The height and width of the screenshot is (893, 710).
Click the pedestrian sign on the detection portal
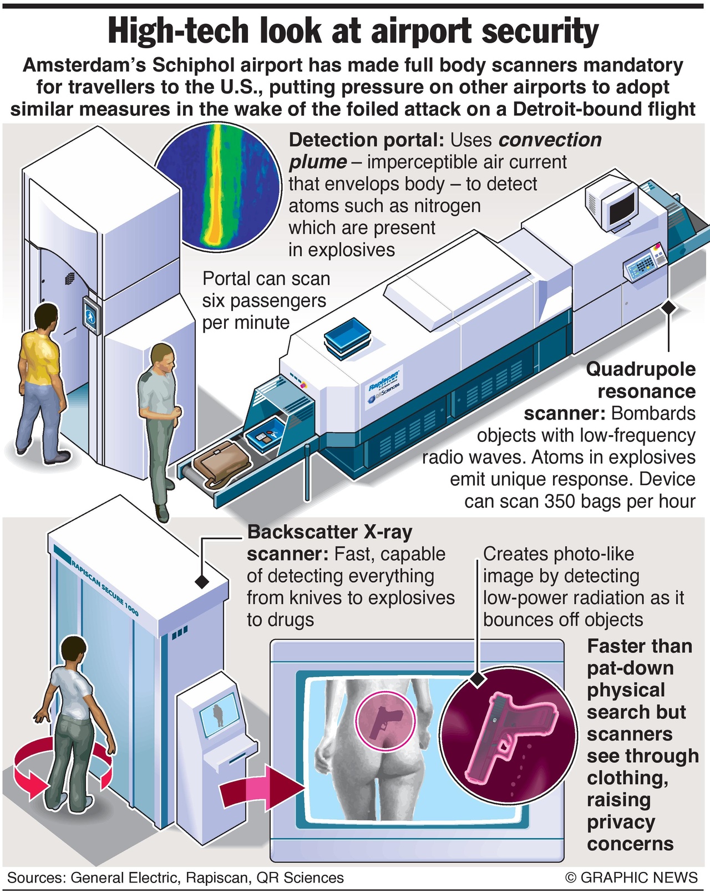(90, 315)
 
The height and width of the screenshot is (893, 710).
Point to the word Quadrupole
(641, 369)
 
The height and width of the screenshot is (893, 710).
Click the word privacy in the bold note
(621, 822)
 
